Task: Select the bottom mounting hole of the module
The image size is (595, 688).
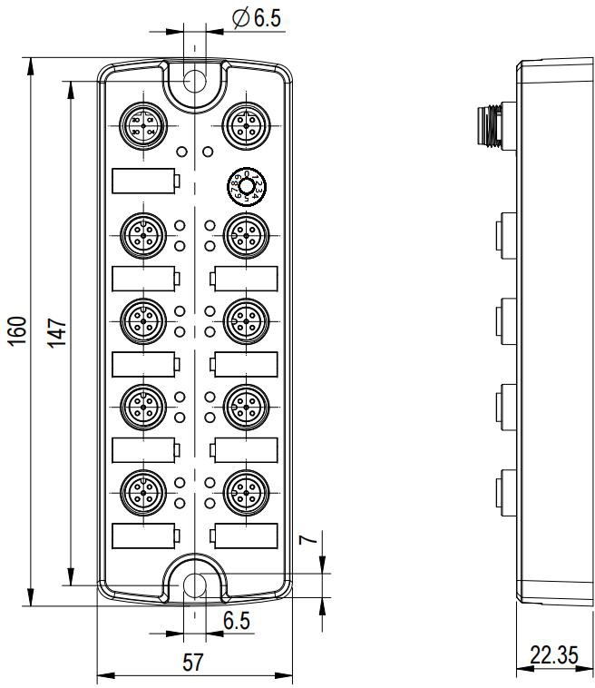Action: (192, 585)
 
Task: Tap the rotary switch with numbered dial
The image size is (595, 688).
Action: (244, 188)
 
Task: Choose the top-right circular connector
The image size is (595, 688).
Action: (242, 121)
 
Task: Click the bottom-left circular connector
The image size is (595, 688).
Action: (141, 491)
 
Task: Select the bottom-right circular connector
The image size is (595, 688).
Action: (242, 491)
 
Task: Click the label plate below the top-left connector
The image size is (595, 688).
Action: (144, 181)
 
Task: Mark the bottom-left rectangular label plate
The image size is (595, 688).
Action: (144, 536)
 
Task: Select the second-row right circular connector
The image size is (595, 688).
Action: (242, 233)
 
